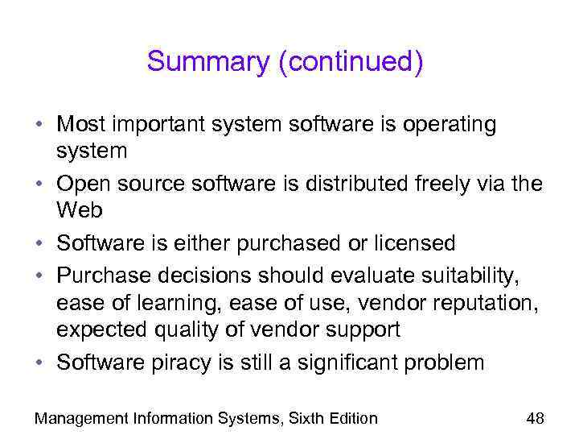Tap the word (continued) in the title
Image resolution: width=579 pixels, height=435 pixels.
[350, 62]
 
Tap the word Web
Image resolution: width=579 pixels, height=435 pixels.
[80, 210]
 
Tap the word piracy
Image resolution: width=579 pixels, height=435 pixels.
[179, 362]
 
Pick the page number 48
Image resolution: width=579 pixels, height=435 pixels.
[535, 417]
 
